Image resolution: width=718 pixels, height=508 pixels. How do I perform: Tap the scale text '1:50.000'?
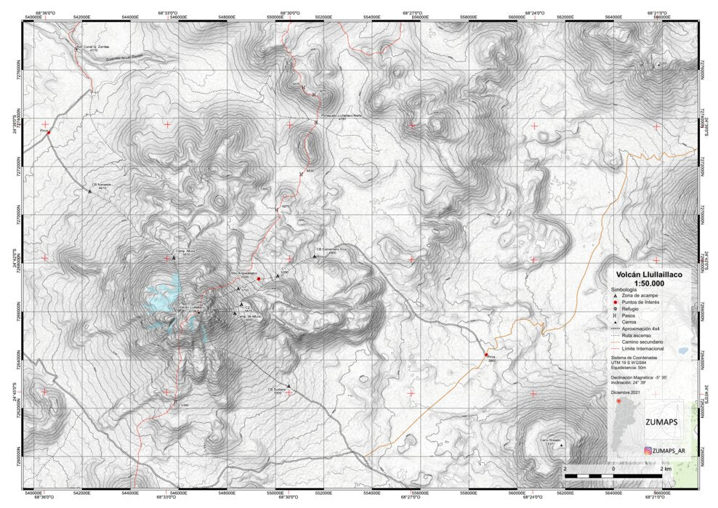(650, 283)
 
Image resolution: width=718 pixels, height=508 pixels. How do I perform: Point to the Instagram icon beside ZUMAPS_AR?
(648, 451)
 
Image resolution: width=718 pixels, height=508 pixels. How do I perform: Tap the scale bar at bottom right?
(613, 475)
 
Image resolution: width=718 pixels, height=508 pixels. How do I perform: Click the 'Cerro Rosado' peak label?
(550, 440)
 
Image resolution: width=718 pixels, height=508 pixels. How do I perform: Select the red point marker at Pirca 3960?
(485, 355)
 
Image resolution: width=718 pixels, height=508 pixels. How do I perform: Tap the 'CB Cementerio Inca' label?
(325, 250)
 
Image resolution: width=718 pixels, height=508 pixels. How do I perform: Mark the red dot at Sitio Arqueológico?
(258, 278)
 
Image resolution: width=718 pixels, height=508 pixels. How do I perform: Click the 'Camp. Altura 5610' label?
(182, 251)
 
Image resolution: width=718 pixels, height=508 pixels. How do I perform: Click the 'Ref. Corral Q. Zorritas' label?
(93, 47)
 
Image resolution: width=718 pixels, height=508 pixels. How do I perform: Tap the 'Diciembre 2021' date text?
(626, 392)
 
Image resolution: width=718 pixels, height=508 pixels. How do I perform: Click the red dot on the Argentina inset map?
(618, 401)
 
